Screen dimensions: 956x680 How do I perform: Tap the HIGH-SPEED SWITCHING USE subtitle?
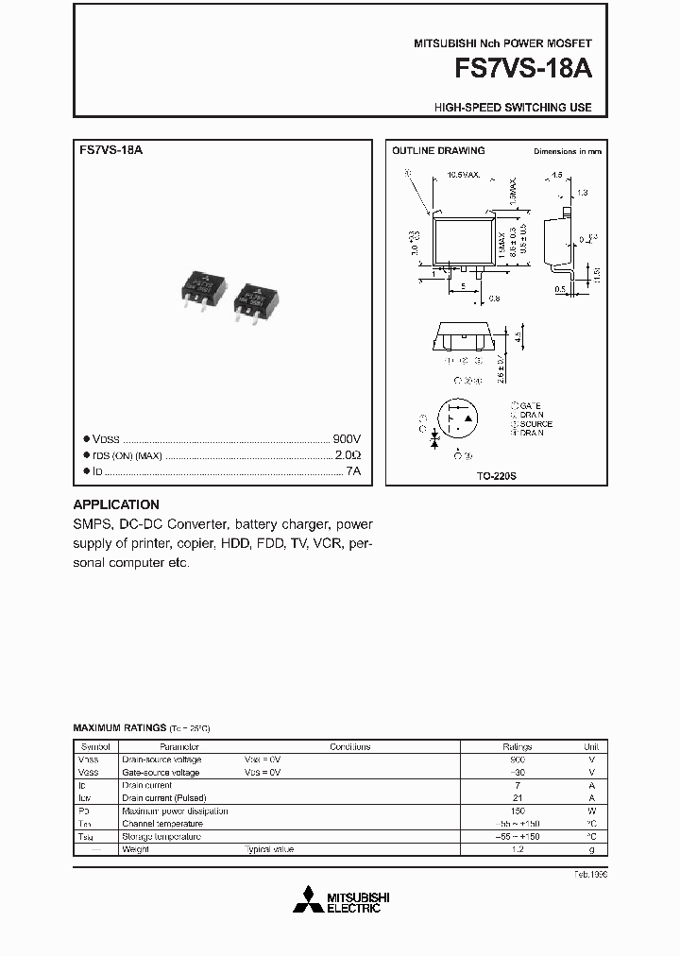[513, 108]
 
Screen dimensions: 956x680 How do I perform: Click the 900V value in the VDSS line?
[347, 439]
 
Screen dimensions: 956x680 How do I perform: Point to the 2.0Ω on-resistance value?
[348, 455]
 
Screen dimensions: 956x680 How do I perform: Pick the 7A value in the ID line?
[353, 470]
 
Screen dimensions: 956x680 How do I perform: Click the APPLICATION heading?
[116, 504]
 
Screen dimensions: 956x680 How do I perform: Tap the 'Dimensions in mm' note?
[567, 151]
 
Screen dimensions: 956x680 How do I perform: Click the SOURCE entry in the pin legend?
[535, 424]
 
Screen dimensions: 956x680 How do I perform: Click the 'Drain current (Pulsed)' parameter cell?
[161, 798]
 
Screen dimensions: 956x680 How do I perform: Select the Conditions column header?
[350, 746]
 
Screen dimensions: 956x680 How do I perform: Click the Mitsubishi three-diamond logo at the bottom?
[306, 900]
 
